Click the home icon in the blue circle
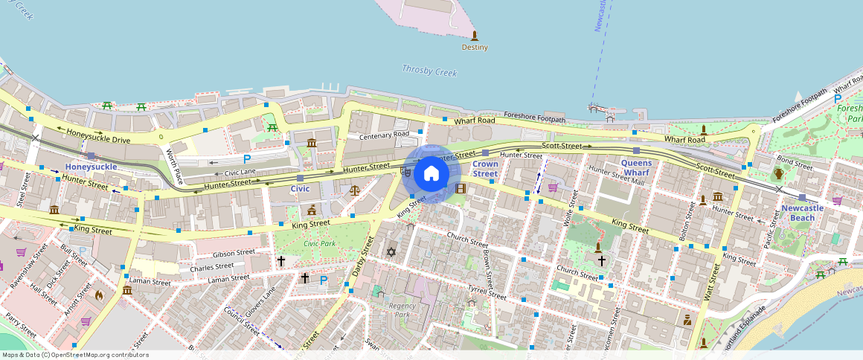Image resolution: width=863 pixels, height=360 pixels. pyautogui.click(x=431, y=173)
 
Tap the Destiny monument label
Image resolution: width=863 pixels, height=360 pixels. pyautogui.click(x=475, y=47)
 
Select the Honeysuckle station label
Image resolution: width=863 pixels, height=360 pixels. pyautogui.click(x=91, y=167)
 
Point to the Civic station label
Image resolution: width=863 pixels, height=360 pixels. pyautogui.click(x=300, y=189)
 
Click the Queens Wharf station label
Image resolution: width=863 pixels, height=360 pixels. pyautogui.click(x=636, y=168)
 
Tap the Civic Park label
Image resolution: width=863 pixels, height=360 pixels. pyautogui.click(x=319, y=244)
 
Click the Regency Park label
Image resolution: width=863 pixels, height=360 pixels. pyautogui.click(x=402, y=309)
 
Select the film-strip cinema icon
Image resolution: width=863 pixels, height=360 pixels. pyautogui.click(x=460, y=189)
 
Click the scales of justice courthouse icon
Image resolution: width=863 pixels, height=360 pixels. pyautogui.click(x=354, y=190)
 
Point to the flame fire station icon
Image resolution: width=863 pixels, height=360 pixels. pyautogui.click(x=99, y=295)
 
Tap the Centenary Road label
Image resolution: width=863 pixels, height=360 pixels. pyautogui.click(x=384, y=135)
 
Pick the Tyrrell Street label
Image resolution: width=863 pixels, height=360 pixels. pyautogui.click(x=487, y=292)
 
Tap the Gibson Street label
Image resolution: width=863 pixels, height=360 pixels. pyautogui.click(x=234, y=253)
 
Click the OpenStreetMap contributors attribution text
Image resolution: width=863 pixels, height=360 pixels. pyautogui.click(x=75, y=355)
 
